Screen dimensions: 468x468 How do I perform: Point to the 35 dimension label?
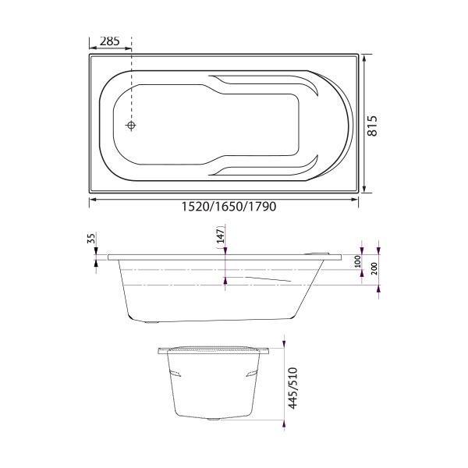pos(91,239)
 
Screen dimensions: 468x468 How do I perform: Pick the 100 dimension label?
pos(358,261)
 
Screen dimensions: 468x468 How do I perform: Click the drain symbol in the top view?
pos(132,126)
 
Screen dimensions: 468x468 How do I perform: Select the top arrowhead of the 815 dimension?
pos(363,57)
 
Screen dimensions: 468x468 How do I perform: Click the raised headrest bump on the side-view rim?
pos(323,251)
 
